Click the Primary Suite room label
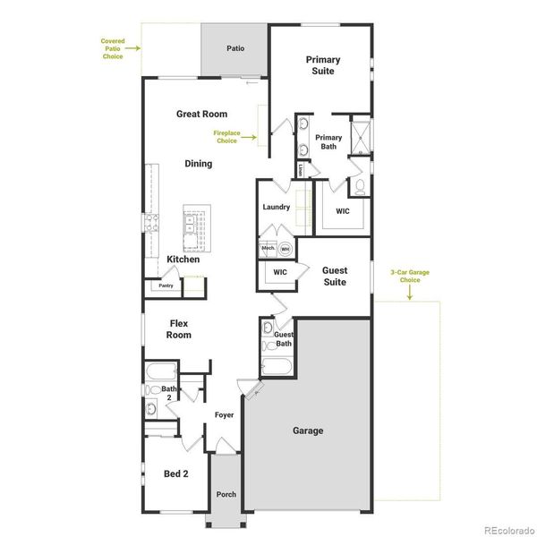point(322,65)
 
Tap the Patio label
point(235,48)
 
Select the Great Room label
point(201,114)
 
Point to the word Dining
point(199,164)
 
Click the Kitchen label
point(183,260)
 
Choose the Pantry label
point(166,286)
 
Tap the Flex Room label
point(179,328)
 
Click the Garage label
point(308,430)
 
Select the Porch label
point(226,494)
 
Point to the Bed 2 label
point(176,473)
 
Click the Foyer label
point(224,415)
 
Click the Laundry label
point(276,208)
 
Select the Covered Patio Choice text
point(113,48)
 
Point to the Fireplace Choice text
point(226,137)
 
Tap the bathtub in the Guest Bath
point(276,366)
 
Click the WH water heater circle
point(286,249)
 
